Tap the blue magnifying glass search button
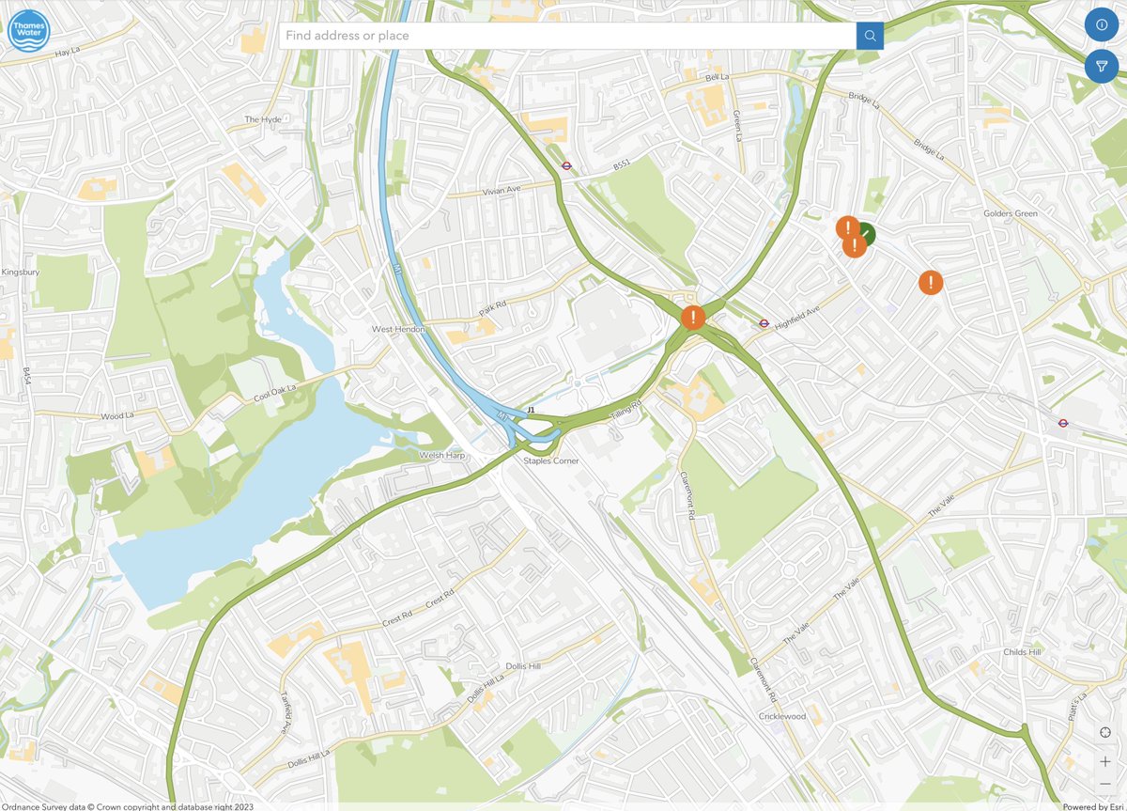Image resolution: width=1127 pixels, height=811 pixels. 870,36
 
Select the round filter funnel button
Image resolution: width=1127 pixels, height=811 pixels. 1102,66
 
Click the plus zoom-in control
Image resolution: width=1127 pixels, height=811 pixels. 1105,761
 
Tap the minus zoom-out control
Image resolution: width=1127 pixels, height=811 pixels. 1105,785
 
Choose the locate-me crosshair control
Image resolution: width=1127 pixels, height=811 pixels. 1105,732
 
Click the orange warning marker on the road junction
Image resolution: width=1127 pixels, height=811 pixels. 693,318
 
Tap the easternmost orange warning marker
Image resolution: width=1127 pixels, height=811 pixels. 930,282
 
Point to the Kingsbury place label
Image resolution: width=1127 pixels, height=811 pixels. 20,273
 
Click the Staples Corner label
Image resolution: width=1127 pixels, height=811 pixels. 550,461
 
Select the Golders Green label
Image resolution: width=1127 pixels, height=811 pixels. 1010,213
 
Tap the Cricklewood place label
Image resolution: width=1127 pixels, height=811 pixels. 782,716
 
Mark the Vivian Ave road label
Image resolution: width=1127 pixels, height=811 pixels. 488,190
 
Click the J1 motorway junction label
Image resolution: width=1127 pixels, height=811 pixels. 531,411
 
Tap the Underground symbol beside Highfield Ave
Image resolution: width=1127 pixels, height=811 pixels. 764,323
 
